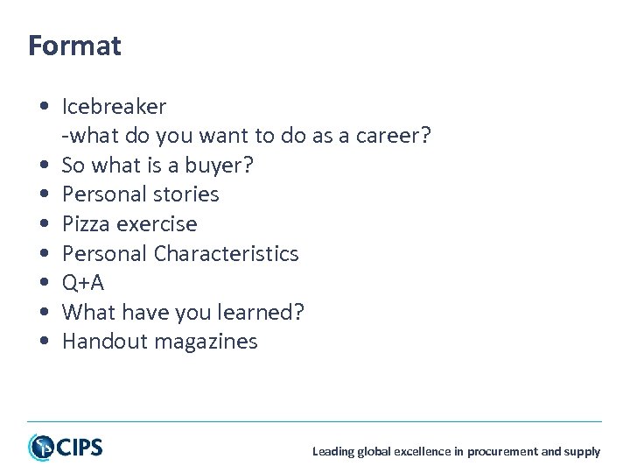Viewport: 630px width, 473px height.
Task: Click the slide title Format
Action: [74, 46]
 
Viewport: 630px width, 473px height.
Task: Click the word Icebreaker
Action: [114, 107]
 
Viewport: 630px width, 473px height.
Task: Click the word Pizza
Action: [86, 224]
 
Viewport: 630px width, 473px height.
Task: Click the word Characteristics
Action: [226, 254]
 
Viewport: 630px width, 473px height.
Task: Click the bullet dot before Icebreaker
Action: [43, 108]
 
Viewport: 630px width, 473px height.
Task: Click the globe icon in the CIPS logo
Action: [40, 447]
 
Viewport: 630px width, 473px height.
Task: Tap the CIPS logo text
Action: [79, 448]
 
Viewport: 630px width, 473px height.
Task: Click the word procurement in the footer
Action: [503, 452]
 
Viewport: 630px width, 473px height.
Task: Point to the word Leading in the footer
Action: [332, 452]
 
